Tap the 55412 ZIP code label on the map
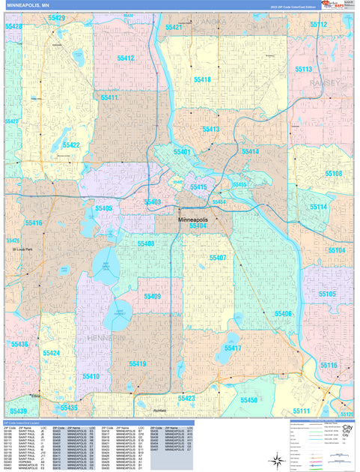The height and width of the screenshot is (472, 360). [x=125, y=58]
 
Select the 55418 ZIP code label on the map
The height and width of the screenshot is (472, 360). [x=201, y=79]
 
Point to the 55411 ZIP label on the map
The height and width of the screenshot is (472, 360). [x=109, y=97]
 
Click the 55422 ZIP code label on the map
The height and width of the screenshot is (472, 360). [x=71, y=145]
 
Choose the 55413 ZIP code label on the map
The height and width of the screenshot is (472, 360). [x=210, y=130]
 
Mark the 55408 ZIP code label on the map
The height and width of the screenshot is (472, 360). [x=145, y=244]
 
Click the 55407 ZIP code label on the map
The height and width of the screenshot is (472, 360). [x=218, y=257]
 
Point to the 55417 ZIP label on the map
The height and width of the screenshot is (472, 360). [x=232, y=348]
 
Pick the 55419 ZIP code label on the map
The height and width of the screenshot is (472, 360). [x=137, y=363]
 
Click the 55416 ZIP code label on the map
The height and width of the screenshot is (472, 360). [x=34, y=223]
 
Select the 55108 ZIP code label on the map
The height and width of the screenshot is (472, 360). [x=333, y=173]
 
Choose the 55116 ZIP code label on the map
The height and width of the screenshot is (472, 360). [x=329, y=365]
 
